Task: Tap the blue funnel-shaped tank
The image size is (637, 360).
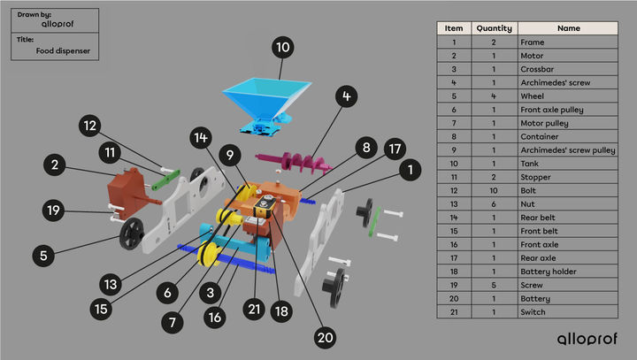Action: (265, 98)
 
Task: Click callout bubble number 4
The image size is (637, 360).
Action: (347, 96)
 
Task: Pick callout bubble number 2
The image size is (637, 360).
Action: (55, 165)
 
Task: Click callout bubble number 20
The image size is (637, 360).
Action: (326, 337)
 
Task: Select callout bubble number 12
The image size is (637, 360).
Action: (91, 126)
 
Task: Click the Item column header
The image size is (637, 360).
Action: (453, 28)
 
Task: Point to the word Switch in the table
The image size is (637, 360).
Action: (534, 311)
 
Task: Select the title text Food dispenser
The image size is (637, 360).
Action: (63, 51)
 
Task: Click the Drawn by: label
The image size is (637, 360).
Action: (34, 15)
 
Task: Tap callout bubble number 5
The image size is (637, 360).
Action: (43, 256)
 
